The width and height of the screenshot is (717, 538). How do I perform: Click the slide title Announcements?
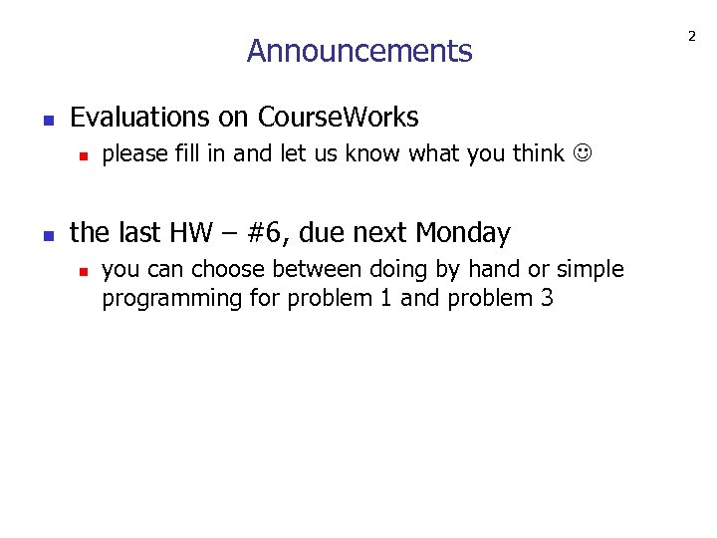tap(359, 51)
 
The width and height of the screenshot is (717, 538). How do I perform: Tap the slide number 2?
tap(691, 37)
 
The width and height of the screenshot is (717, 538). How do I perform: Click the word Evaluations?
tap(141, 118)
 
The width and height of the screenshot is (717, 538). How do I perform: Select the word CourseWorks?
tap(339, 118)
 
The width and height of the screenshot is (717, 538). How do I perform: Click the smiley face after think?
tap(581, 154)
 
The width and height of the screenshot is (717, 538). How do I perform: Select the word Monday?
tap(463, 233)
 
